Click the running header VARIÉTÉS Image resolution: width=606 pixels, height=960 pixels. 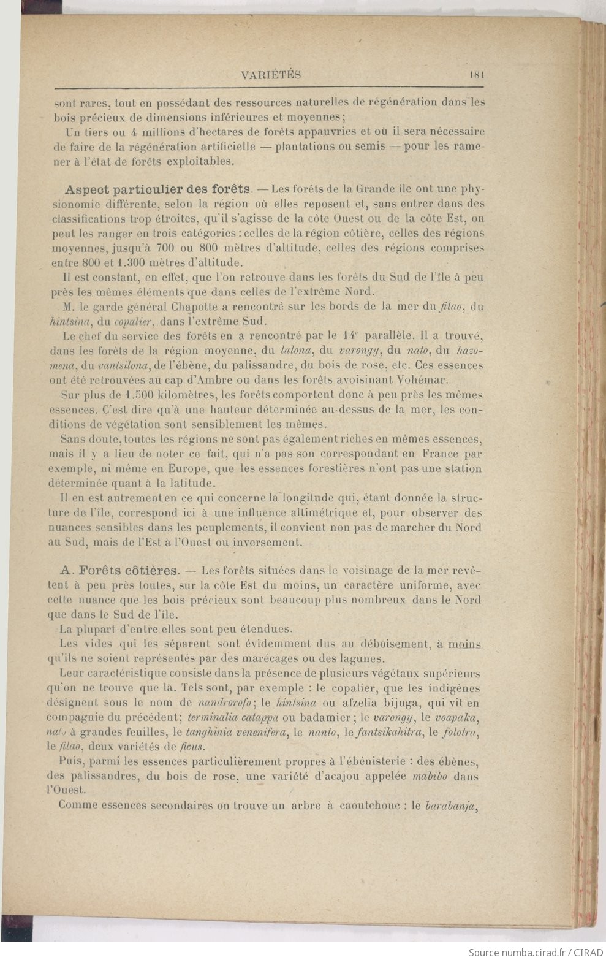pos(271,75)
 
